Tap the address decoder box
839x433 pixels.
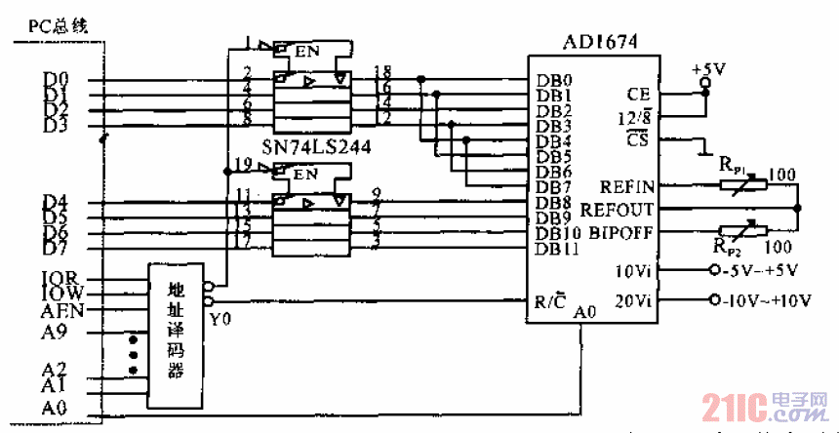pyautogui.click(x=176, y=335)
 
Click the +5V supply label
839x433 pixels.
pyautogui.click(x=705, y=70)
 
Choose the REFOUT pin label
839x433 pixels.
pyautogui.click(x=620, y=209)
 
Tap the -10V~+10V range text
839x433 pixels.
pyautogui.click(x=772, y=301)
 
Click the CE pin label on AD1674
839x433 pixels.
pyautogui.click(x=640, y=94)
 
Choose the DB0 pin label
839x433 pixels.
pyautogui.click(x=552, y=80)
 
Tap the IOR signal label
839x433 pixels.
pyautogui.click(x=62, y=277)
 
